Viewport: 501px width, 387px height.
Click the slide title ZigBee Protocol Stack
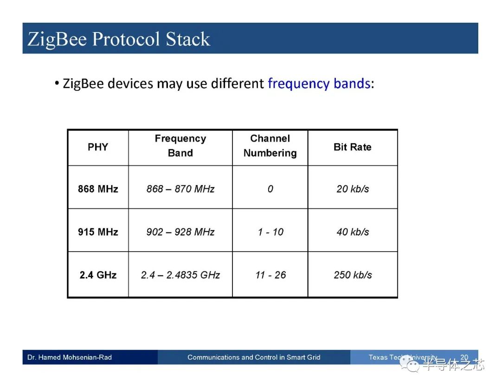pyautogui.click(x=119, y=39)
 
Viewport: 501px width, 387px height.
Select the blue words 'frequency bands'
pyautogui.click(x=319, y=84)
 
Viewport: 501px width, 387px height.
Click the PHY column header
pyautogui.click(x=98, y=147)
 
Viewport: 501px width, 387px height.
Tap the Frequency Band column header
pyautogui.click(x=180, y=146)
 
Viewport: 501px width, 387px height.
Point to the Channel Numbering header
pyautogui.click(x=270, y=146)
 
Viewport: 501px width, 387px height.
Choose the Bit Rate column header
pyautogui.click(x=353, y=147)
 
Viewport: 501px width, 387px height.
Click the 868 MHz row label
pyautogui.click(x=98, y=189)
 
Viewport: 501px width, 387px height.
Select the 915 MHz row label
pyautogui.click(x=98, y=232)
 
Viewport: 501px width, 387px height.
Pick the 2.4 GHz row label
pyautogui.click(x=98, y=275)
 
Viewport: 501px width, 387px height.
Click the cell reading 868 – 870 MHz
pyautogui.click(x=180, y=189)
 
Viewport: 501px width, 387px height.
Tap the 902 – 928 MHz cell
pyautogui.click(x=180, y=232)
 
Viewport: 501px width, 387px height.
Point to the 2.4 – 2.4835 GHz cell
pyautogui.click(x=180, y=275)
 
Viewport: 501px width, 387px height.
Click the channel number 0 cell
pyautogui.click(x=270, y=189)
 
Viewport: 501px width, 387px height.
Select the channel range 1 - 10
pyautogui.click(x=270, y=232)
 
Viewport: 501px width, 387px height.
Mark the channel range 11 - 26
pyautogui.click(x=270, y=275)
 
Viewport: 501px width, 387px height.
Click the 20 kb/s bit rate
pyautogui.click(x=353, y=189)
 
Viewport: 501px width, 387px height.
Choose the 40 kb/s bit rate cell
pyautogui.click(x=353, y=232)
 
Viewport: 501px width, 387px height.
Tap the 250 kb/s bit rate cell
pyautogui.click(x=353, y=275)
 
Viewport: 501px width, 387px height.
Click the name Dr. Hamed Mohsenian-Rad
pyautogui.click(x=70, y=357)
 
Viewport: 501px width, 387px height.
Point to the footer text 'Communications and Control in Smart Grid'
pyautogui.click(x=254, y=357)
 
